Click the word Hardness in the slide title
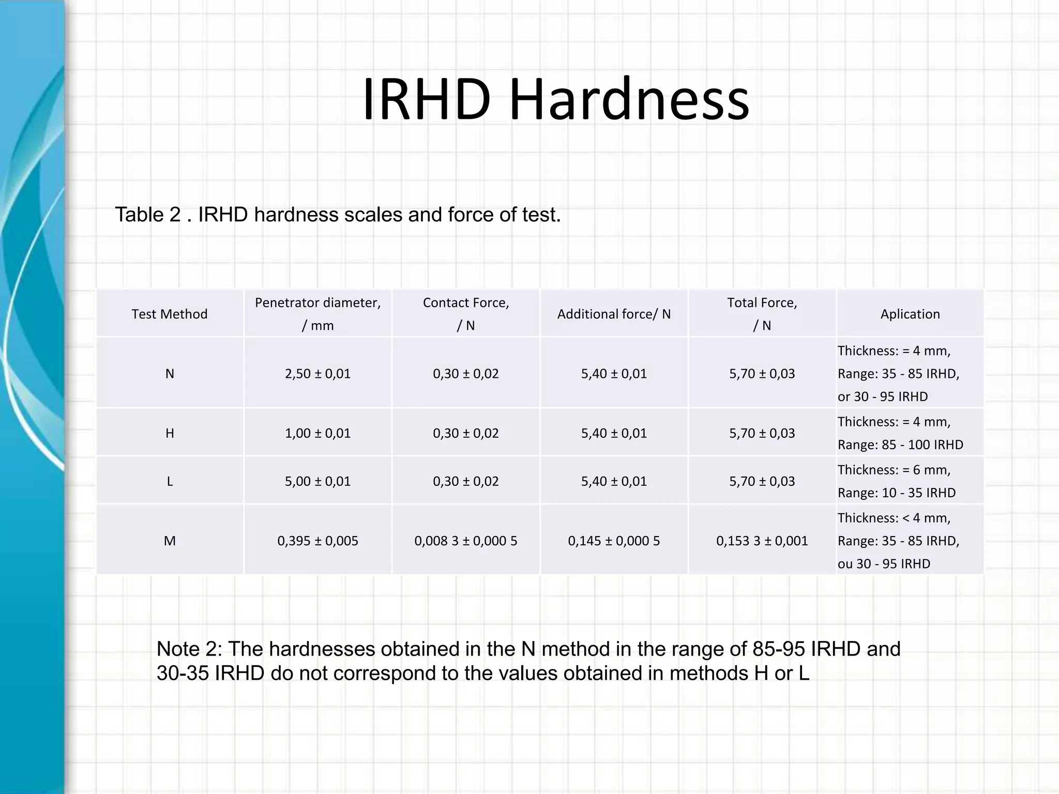(629, 100)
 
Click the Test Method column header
(170, 314)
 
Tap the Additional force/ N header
(614, 314)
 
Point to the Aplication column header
(910, 314)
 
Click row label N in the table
(170, 374)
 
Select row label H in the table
(170, 433)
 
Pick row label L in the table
(170, 481)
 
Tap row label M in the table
(170, 541)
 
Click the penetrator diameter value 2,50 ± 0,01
(317, 374)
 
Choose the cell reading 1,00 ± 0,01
(317, 433)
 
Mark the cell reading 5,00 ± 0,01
(317, 481)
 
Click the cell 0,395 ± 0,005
(317, 541)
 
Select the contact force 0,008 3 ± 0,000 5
(465, 541)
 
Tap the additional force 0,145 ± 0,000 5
(614, 541)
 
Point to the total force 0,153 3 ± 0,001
(762, 541)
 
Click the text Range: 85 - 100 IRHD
(900, 445)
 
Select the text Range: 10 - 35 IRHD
(897, 493)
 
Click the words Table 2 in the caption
(147, 215)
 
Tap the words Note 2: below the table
(189, 649)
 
